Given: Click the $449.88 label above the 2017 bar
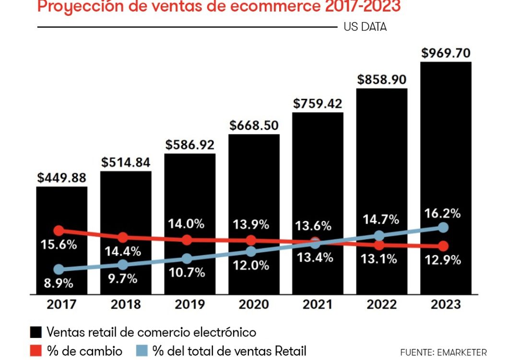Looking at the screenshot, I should pyautogui.click(x=62, y=178).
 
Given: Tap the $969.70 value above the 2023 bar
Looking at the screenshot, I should pyautogui.click(x=446, y=53).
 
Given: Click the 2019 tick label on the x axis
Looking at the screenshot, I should pyautogui.click(x=190, y=304).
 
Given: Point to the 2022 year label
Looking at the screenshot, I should pyautogui.click(x=382, y=304).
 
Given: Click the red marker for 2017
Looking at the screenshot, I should pyautogui.click(x=59, y=231).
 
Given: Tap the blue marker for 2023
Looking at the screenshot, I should pyautogui.click(x=443, y=227).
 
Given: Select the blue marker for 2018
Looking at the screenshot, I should pyautogui.click(x=123, y=264).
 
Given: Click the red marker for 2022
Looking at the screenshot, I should pyautogui.click(x=379, y=245).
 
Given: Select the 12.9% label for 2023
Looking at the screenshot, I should pyautogui.click(x=442, y=260).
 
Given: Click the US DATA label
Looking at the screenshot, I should pyautogui.click(x=365, y=27).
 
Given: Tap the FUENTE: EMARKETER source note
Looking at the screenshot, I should pyautogui.click(x=443, y=352).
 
